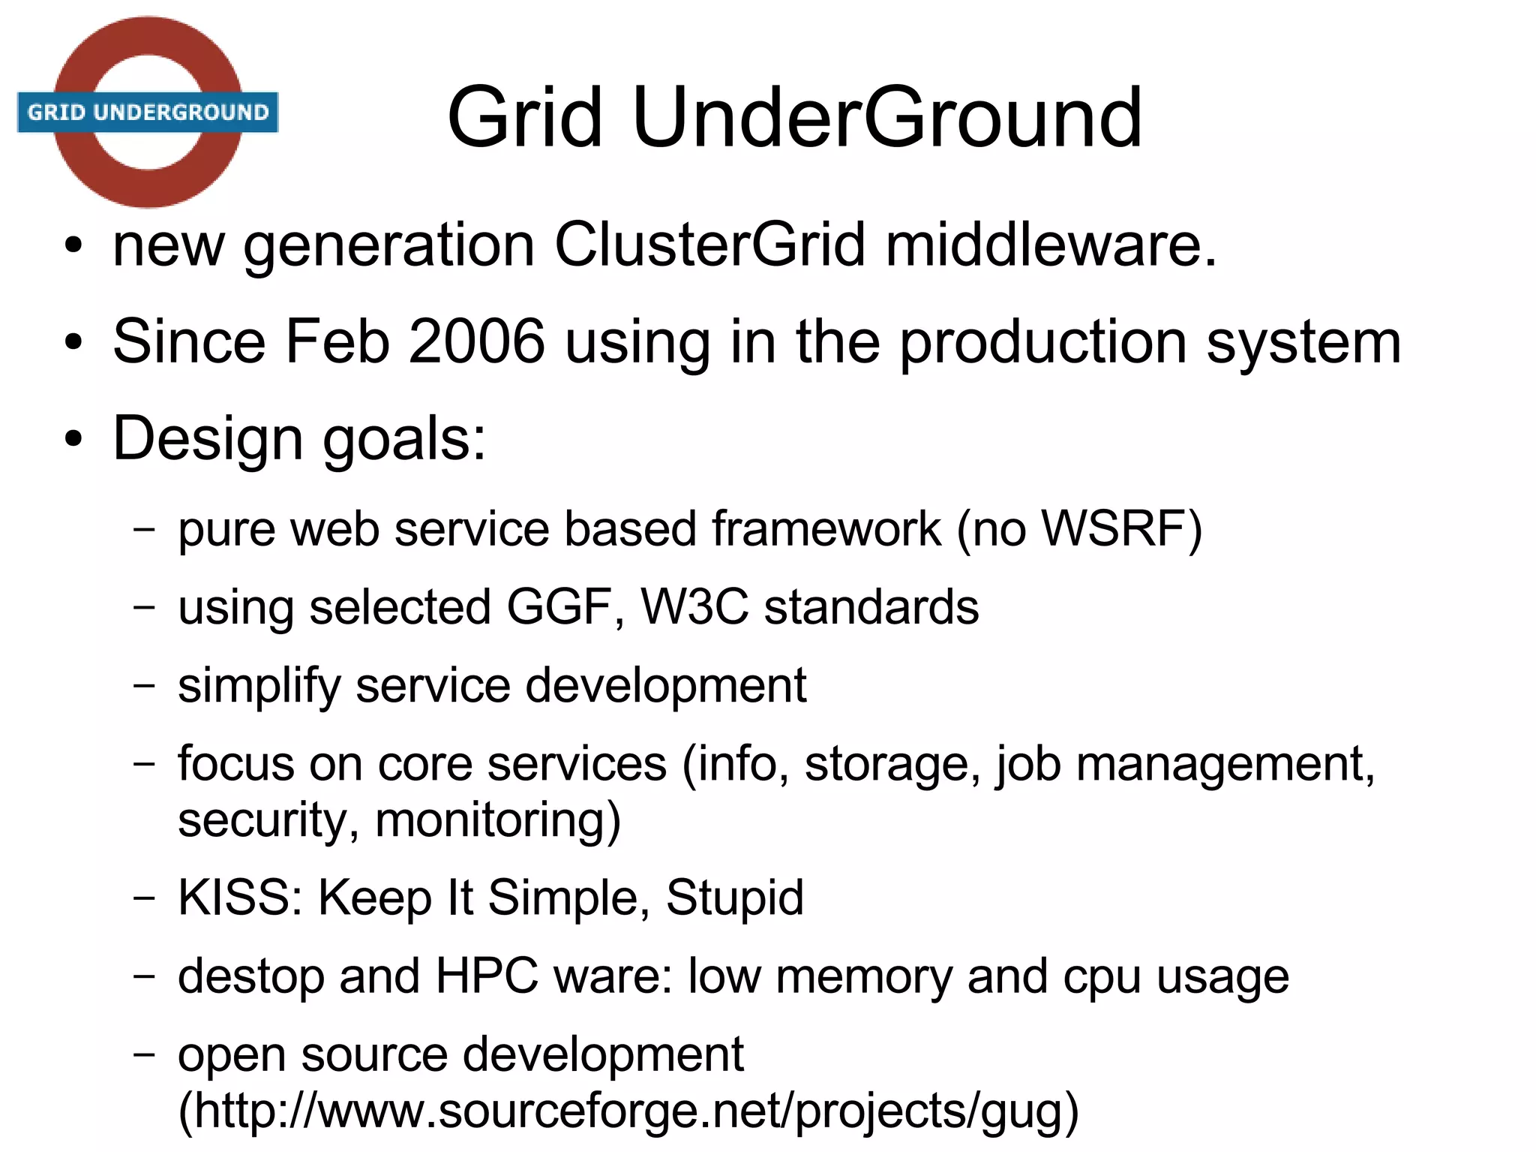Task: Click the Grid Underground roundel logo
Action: [148, 113]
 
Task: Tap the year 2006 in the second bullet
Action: [476, 341]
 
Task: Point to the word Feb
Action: [337, 341]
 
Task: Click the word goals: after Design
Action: [404, 439]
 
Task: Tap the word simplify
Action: [258, 686]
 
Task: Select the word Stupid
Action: [734, 898]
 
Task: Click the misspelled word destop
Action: [248, 976]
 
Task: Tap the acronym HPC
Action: [487, 976]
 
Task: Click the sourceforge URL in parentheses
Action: [628, 1111]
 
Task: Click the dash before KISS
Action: [144, 898]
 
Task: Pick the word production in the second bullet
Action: [1042, 343]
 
